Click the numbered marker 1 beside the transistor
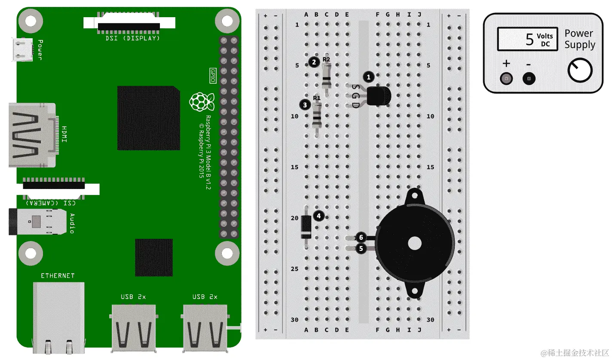pos(368,77)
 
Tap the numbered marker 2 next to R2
pos(314,62)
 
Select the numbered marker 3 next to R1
pos(305,104)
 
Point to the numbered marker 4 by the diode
pos(318,216)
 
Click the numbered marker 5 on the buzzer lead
pos(361,248)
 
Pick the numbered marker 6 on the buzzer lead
pos(361,237)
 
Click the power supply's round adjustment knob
pos(580,71)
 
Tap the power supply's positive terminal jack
pos(507,79)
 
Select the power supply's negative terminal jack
pos(529,79)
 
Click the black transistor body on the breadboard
pos(380,95)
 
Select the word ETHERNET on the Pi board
pos(58,276)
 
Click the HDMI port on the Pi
pos(32,135)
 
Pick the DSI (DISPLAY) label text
pos(133,38)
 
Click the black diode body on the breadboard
pos(306,227)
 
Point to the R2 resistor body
pos(327,76)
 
